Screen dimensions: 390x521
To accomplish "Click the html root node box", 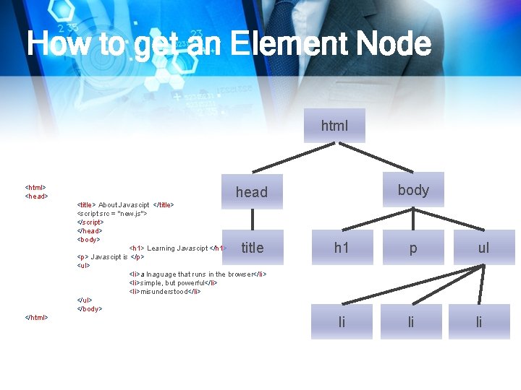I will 334,126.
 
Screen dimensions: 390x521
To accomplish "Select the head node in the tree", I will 252,192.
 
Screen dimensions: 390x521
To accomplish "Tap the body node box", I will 413,190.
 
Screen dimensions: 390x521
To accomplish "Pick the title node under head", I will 252,248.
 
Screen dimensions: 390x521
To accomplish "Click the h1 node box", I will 342,248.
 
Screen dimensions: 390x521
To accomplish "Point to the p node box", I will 412,248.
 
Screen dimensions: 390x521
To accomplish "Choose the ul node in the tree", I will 483,248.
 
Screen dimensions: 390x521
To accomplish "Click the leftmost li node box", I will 342,322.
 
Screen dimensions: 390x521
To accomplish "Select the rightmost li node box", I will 479,322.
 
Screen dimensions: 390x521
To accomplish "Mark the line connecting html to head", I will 293,159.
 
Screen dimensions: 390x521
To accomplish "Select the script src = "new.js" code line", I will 112,214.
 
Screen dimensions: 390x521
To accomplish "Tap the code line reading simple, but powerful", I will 174,283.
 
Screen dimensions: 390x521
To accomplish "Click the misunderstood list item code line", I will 165,292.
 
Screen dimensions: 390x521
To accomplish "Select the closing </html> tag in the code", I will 37,318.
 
